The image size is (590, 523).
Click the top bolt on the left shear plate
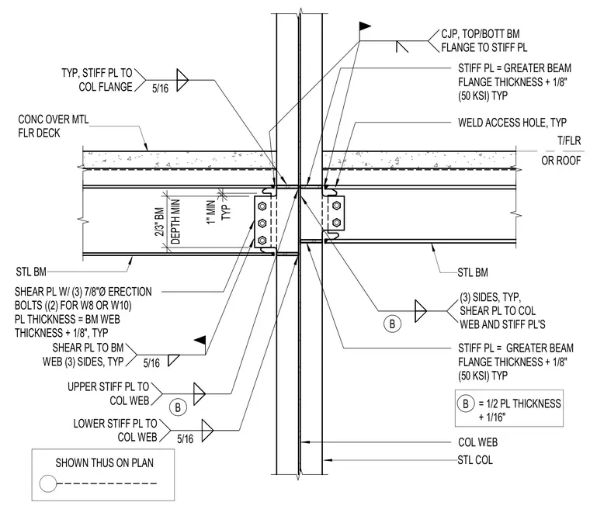click(262, 206)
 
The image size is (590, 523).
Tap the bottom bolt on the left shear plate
click(262, 240)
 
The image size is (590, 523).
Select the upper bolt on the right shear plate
click(337, 206)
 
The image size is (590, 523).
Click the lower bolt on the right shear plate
click(337, 223)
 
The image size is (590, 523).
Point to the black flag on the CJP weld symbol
click(365, 26)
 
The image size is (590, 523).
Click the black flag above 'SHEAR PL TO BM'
click(200, 341)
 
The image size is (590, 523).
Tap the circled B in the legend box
click(466, 404)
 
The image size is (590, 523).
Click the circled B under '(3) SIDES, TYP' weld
click(393, 324)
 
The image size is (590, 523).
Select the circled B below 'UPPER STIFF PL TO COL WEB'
click(178, 407)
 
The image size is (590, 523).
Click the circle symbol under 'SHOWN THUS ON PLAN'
click(48, 483)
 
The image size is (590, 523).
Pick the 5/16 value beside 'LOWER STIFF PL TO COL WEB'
click(185, 438)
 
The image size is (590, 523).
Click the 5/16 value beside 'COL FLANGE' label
click(160, 88)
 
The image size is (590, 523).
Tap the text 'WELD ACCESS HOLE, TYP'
click(512, 123)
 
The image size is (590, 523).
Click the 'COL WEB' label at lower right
click(477, 442)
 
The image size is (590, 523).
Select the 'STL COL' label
click(475, 460)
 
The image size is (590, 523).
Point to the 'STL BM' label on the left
click(31, 272)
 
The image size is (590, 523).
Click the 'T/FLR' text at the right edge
click(569, 140)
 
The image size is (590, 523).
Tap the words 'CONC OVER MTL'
click(54, 119)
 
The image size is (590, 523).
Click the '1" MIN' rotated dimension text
click(211, 213)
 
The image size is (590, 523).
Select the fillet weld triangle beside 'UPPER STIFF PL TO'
click(199, 394)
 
